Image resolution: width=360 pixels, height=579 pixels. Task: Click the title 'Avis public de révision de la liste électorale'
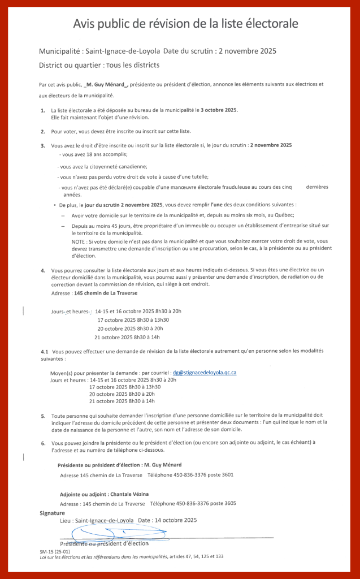tap(185, 24)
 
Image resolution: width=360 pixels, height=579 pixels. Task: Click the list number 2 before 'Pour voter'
tap(43, 131)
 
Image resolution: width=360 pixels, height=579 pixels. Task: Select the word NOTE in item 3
tap(79, 241)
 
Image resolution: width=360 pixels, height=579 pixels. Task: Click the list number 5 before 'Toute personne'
tap(43, 416)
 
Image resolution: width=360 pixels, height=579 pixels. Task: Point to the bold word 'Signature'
tap(53, 513)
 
